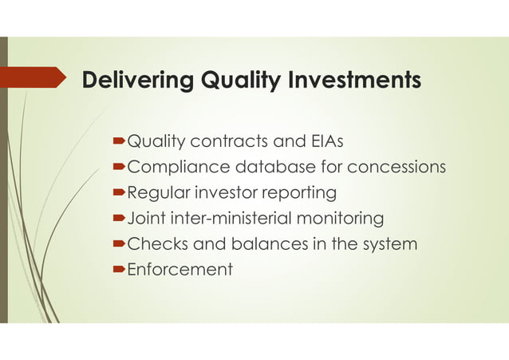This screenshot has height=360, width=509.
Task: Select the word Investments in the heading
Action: [x=356, y=81]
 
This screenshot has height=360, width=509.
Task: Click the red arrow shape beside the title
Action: [x=32, y=77]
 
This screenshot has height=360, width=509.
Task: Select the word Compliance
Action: [x=178, y=168]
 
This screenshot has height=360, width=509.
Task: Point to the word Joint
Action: [x=144, y=218]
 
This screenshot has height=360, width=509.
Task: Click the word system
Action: [x=389, y=243]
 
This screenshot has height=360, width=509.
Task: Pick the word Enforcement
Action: [x=180, y=269]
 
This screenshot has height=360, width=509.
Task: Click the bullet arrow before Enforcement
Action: [x=120, y=270]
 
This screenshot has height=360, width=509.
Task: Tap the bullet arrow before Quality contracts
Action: [x=120, y=143]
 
